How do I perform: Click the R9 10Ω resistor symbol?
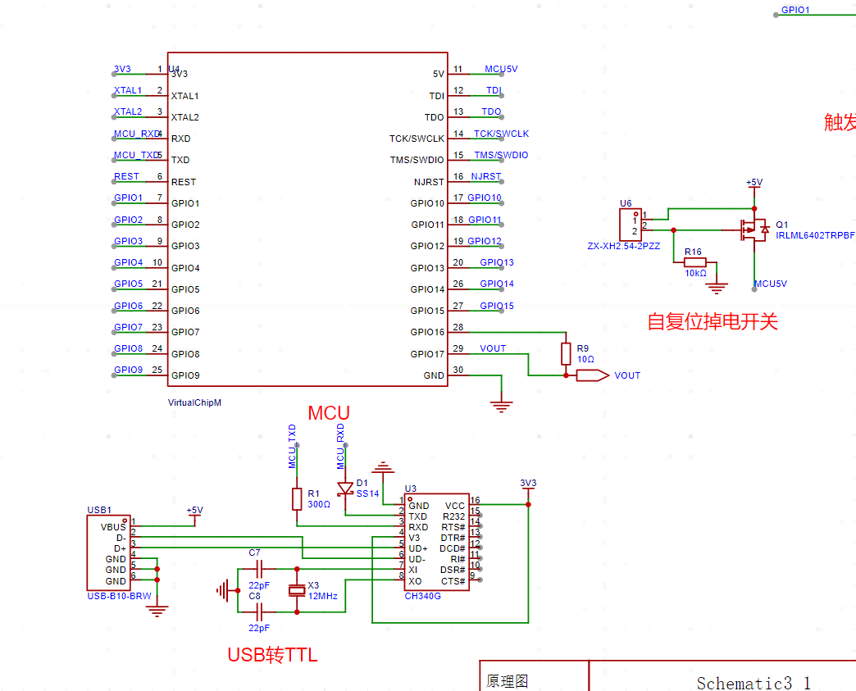click(566, 353)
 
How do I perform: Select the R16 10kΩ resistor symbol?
click(694, 262)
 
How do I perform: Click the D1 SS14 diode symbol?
click(346, 489)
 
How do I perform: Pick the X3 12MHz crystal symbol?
click(297, 590)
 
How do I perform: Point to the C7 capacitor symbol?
click(260, 568)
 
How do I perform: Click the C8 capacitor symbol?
click(260, 611)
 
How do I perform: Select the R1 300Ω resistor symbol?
click(297, 499)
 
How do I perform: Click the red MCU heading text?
click(329, 413)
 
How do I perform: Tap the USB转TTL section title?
click(272, 655)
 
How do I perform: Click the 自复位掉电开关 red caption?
click(712, 321)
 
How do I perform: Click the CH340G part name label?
click(422, 596)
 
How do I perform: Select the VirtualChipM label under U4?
click(194, 402)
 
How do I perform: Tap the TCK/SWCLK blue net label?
click(501, 134)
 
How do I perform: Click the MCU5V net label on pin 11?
click(501, 69)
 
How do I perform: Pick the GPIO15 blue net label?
click(497, 306)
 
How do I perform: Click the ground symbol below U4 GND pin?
click(500, 404)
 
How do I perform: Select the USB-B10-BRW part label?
click(119, 596)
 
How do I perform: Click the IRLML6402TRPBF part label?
click(815, 235)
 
